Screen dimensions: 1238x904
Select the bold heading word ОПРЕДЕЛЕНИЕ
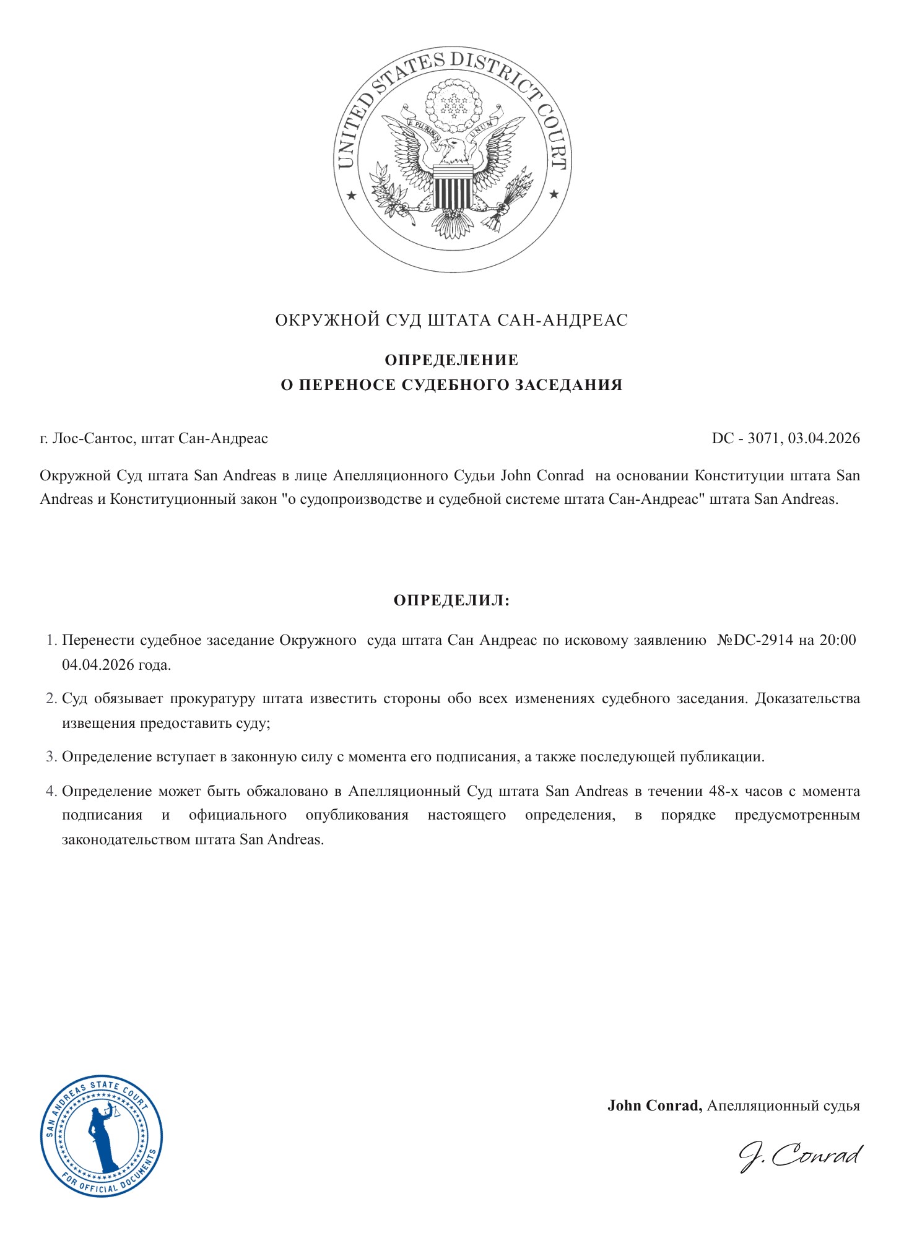pos(451,360)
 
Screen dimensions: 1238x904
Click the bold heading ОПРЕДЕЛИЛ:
pos(451,600)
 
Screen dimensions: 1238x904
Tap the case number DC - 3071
pos(744,438)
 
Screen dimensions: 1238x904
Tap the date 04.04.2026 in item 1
pos(98,665)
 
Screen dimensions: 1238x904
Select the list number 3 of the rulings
pos(51,757)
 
